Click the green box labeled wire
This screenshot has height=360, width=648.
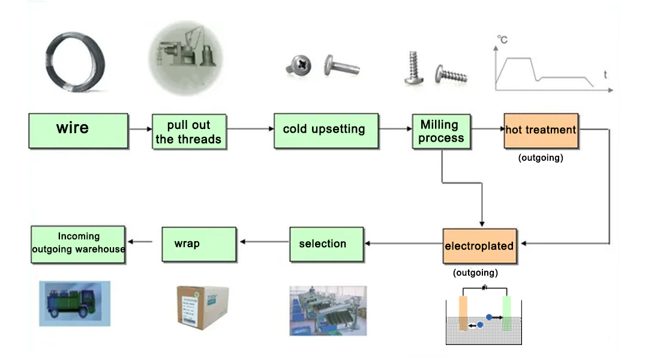pyautogui.click(x=78, y=131)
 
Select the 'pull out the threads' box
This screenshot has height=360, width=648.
pyautogui.click(x=188, y=131)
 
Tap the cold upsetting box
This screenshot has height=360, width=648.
pyautogui.click(x=326, y=130)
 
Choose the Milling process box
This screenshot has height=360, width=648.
pyautogui.click(x=441, y=131)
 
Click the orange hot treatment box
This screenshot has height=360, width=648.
pyautogui.click(x=541, y=130)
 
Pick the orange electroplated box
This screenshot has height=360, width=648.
pyautogui.click(x=479, y=246)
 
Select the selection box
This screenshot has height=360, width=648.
pyautogui.click(x=326, y=244)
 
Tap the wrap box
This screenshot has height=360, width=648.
pyautogui.click(x=199, y=244)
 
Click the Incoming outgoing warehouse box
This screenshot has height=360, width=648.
pyautogui.click(x=78, y=244)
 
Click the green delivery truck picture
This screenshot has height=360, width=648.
pyautogui.click(x=74, y=303)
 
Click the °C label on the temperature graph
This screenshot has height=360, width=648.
pyautogui.click(x=502, y=40)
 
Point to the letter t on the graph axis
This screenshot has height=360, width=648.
pyautogui.click(x=605, y=76)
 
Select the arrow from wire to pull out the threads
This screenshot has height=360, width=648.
pyautogui.click(x=140, y=129)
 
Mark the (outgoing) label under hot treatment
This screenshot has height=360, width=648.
pyautogui.click(x=541, y=158)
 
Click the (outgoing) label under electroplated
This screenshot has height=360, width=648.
pyautogui.click(x=475, y=272)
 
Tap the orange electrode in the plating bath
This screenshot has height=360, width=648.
pyautogui.click(x=463, y=313)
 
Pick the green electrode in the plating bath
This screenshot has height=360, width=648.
pyautogui.click(x=506, y=313)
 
